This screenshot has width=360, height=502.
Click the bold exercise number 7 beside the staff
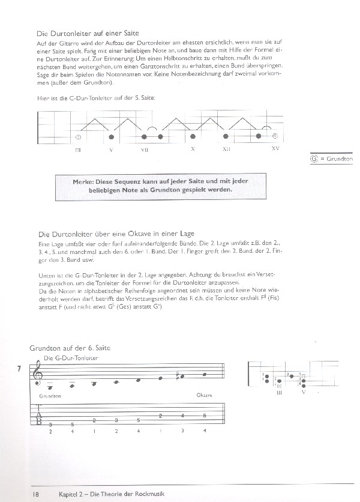[21, 369]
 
